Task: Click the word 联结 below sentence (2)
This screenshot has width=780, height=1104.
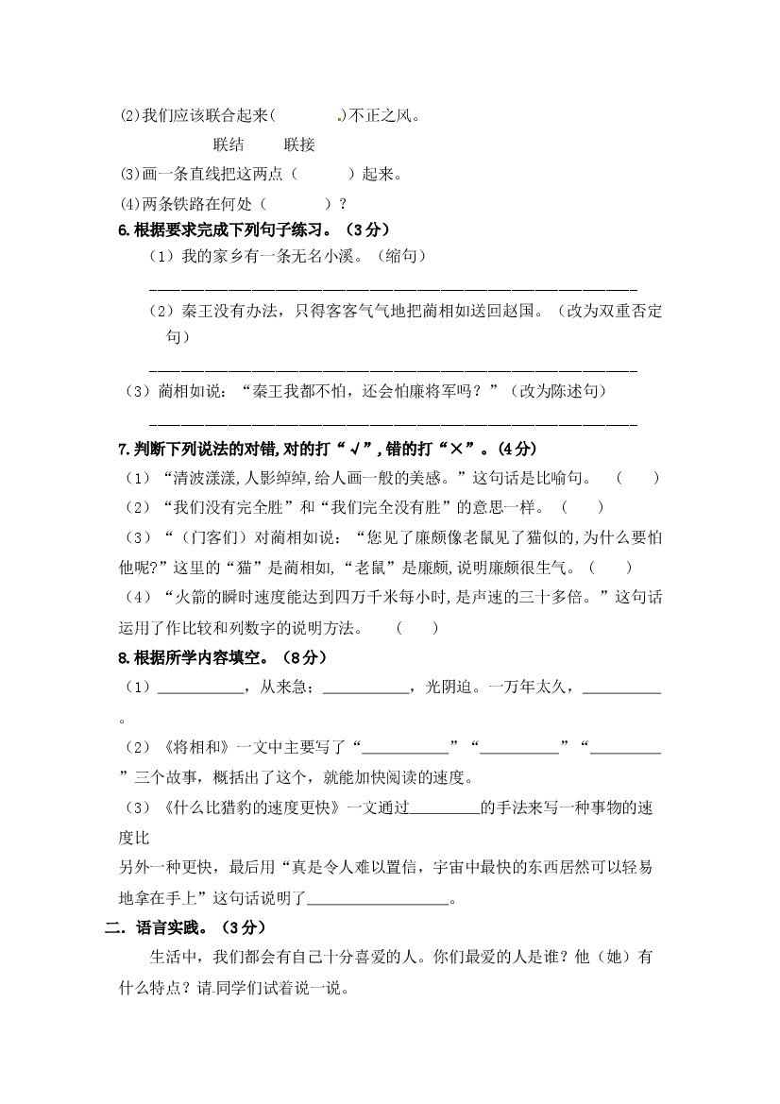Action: pos(229,144)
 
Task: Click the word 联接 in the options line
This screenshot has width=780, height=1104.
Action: pos(298,144)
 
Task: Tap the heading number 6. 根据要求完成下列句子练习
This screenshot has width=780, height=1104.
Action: pos(123,229)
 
